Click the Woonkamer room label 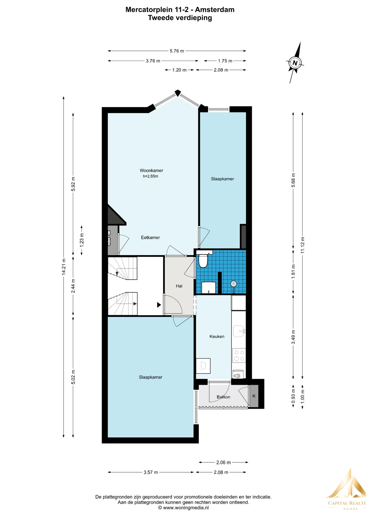point(151,170)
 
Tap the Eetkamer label point(150,237)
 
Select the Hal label point(179,286)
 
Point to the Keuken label point(217,336)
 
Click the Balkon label point(223,397)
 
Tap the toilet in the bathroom point(203,260)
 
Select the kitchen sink point(239,331)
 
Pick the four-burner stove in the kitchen point(239,355)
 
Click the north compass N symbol point(295,63)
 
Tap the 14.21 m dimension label point(64,267)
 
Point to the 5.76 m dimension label point(177,51)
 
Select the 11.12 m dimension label point(302,245)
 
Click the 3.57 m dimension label point(151,472)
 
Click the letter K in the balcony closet point(254,396)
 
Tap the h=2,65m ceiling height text point(151,176)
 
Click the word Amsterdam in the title point(215,10)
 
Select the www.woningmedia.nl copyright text point(183,508)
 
